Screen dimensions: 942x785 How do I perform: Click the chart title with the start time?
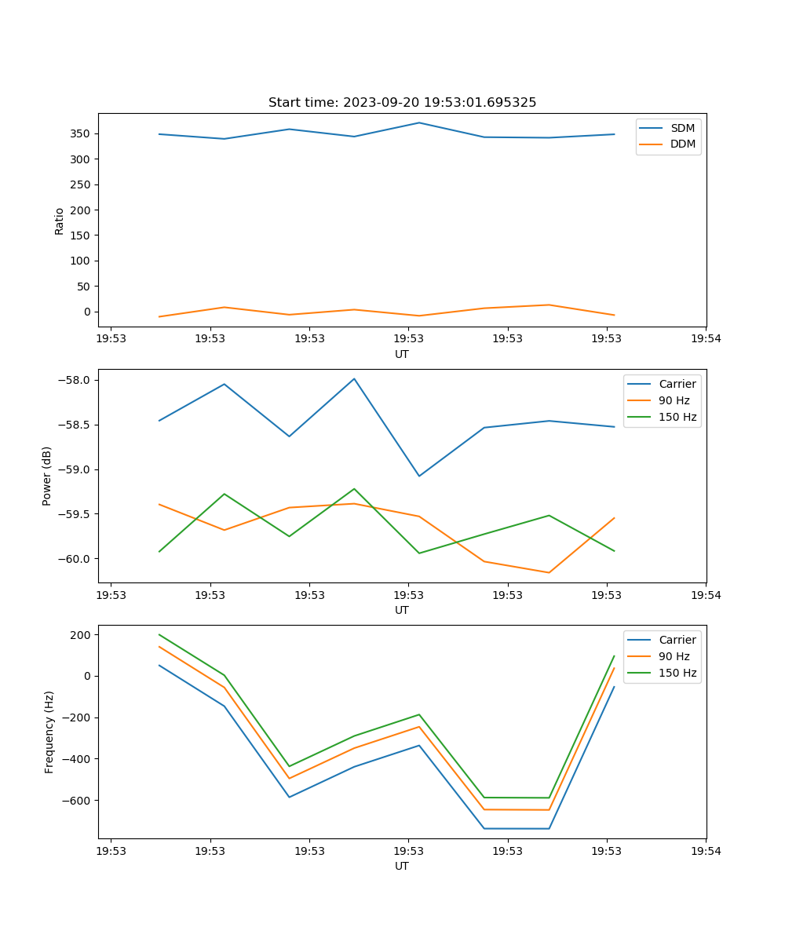click(x=402, y=103)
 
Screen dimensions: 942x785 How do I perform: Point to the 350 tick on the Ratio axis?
click(x=81, y=134)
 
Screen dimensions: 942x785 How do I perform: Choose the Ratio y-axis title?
click(x=60, y=221)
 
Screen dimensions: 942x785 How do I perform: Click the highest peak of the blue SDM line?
click(x=419, y=122)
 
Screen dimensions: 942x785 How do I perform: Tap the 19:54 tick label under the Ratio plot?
click(x=706, y=340)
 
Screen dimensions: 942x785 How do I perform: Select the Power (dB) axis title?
click(x=47, y=476)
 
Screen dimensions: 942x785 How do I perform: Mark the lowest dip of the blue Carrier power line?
click(x=419, y=476)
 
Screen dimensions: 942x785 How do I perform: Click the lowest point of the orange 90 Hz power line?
click(x=549, y=572)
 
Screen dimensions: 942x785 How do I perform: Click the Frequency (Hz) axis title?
click(x=49, y=732)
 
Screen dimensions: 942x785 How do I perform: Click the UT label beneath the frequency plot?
click(x=402, y=866)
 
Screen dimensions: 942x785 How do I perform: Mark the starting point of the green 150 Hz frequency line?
click(x=159, y=634)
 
